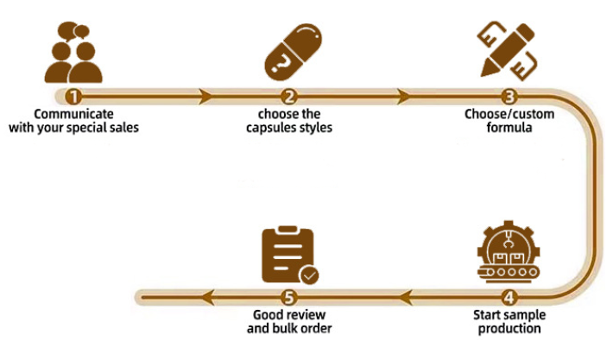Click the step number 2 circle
[x=290, y=96]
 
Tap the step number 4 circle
[x=509, y=298]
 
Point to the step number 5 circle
[x=290, y=298]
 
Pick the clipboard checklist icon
[x=288, y=256]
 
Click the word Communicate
[x=74, y=113]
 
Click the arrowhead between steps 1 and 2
[x=205, y=96]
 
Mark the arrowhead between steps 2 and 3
[x=402, y=96]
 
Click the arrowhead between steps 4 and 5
[x=403, y=298]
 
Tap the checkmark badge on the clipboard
[x=308, y=275]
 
